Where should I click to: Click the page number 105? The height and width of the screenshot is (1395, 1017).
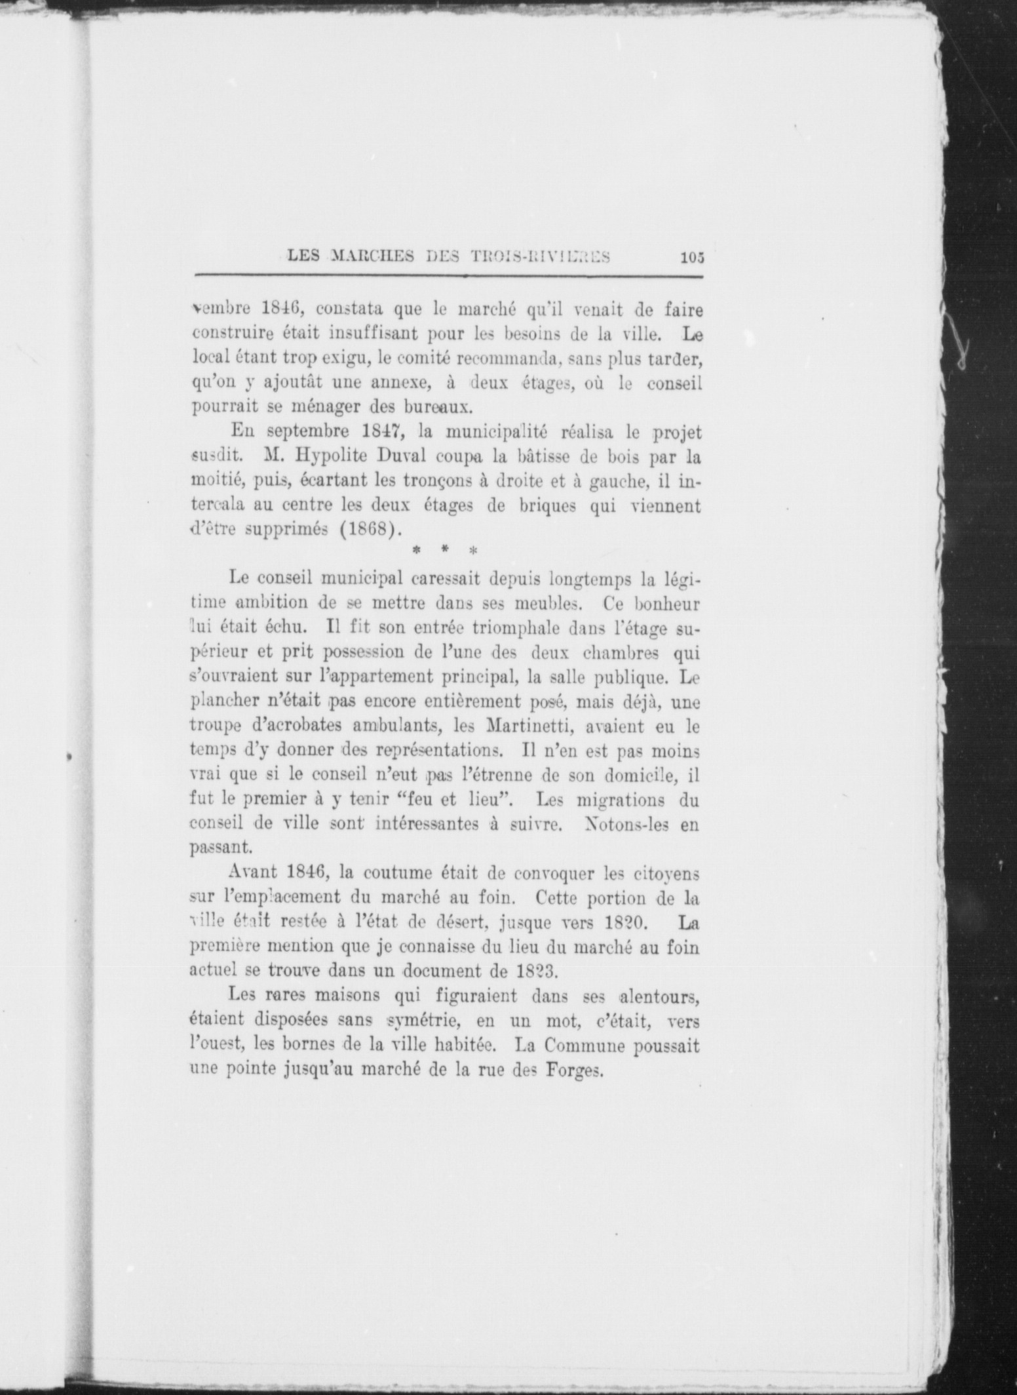692,258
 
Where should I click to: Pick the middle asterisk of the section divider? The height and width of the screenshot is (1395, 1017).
444,552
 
